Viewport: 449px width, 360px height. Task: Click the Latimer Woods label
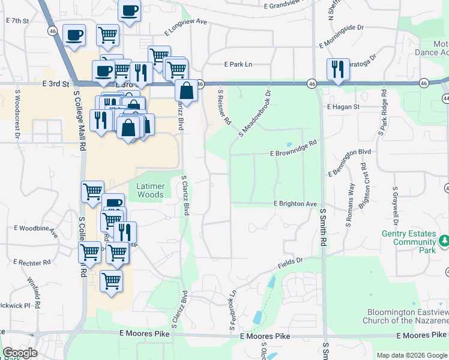coord(150,190)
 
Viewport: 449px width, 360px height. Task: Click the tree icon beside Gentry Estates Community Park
coord(444,241)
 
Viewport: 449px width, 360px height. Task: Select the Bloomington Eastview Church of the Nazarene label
coord(405,316)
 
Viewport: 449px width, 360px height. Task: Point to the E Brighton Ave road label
coord(295,204)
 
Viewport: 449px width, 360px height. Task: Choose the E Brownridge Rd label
coord(294,148)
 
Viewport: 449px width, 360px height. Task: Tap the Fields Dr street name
coord(291,263)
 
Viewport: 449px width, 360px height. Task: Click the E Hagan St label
coord(343,107)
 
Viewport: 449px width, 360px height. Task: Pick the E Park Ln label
coord(238,64)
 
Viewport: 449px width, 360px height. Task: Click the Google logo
coord(20,353)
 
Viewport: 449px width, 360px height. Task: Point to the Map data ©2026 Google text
coord(412,355)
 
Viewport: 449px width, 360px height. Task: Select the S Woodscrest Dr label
coord(18,115)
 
